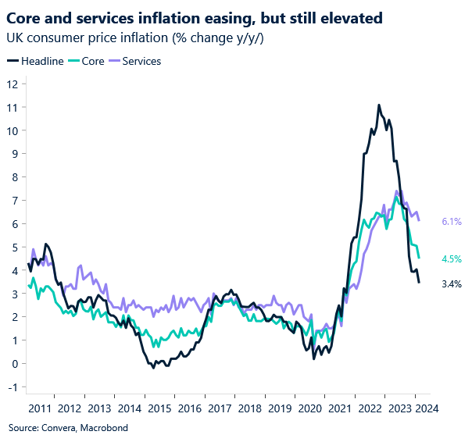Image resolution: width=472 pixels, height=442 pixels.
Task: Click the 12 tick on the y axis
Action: [x=11, y=84]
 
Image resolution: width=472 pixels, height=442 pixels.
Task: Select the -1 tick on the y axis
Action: [x=11, y=387]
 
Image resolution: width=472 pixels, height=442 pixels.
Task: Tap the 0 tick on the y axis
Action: [x=13, y=363]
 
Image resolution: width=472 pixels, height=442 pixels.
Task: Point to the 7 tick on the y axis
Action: [x=13, y=201]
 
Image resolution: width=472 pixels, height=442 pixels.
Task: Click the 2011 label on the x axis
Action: [x=39, y=408]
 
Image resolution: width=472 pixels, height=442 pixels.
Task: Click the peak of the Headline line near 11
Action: [x=379, y=105]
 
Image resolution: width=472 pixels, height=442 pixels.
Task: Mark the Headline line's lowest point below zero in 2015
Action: [x=153, y=367]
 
